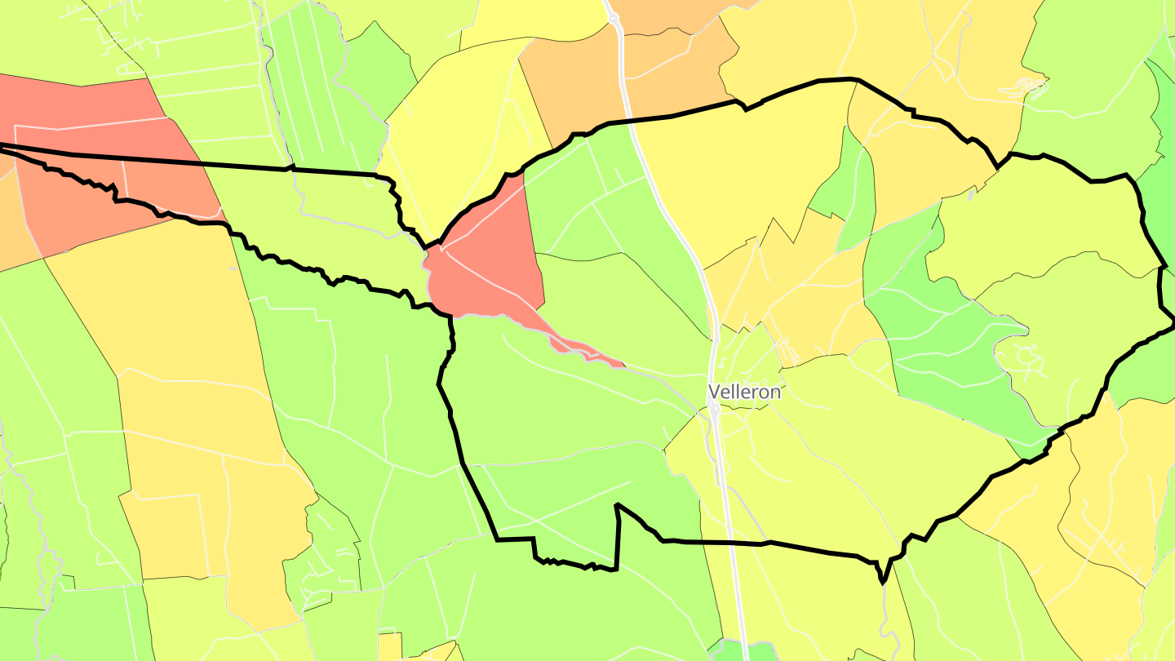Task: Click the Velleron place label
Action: coord(744,392)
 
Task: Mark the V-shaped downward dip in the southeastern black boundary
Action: coord(882,576)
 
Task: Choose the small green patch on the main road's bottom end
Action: coord(738,651)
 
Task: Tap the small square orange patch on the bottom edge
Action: coord(389,646)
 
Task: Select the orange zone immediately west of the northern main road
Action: coord(571,82)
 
